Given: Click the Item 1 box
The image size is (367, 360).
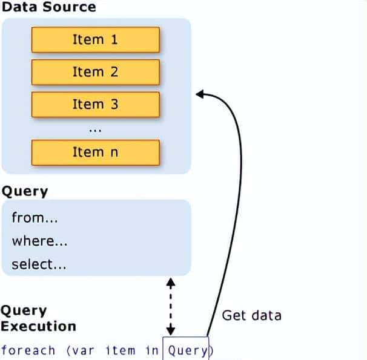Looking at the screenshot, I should coord(95,40).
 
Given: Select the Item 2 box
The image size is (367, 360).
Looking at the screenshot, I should coord(95,72).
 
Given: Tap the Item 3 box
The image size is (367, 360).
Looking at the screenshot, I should coord(95,104).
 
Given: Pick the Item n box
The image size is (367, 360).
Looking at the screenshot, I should coord(95,152).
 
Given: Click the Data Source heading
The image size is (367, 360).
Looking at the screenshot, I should coord(48,8).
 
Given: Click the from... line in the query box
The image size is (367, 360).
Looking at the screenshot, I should coord(38,218).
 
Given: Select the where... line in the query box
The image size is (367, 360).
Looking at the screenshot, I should coord(39,241).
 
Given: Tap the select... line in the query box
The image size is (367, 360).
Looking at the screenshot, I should coord(39,264).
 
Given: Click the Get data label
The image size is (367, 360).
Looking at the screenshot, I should coord(251,315).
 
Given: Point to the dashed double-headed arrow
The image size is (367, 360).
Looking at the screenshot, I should coord(171,306).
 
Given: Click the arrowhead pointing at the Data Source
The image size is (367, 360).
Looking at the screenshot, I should coord(199,93).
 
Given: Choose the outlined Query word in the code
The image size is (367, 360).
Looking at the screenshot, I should coord(187,350).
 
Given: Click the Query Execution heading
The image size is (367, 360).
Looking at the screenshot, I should coord(38,318).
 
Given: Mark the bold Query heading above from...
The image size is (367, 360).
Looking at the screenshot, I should coord(24,191).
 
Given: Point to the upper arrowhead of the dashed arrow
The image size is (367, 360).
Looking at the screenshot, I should coord(171,282).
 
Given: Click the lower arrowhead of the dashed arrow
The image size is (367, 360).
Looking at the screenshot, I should coord(171,330).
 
